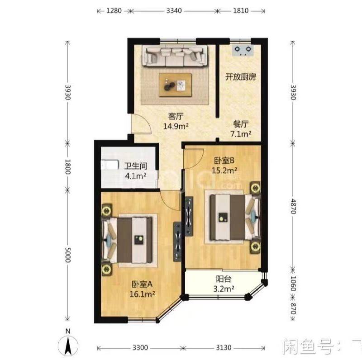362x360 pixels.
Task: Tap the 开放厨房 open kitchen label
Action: pos(241,76)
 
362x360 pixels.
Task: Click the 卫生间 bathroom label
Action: pos(134,166)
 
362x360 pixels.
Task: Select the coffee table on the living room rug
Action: pos(175,85)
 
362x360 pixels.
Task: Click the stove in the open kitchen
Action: pos(243,49)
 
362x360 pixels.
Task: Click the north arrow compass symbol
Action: pos(67,345)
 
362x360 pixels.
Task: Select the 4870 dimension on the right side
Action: pos(294,211)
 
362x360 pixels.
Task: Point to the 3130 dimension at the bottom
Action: pos(224,347)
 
